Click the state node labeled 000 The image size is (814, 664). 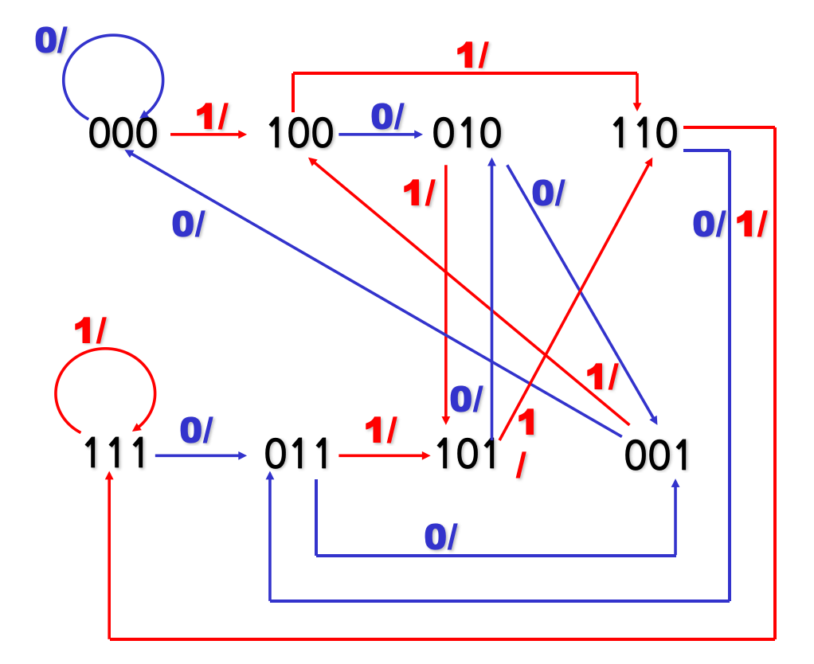(123, 134)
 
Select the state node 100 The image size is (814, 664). (299, 134)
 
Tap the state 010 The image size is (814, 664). (467, 134)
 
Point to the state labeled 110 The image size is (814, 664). (644, 134)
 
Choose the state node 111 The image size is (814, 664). (116, 455)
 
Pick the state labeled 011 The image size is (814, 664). (296, 455)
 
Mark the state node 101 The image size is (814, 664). (466, 455)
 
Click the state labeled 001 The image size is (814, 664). (656, 455)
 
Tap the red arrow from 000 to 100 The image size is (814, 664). (209, 135)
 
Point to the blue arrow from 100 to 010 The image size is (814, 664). (381, 135)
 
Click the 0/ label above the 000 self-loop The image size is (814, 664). (50, 41)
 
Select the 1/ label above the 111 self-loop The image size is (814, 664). (91, 330)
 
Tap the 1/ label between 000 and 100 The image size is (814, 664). (211, 118)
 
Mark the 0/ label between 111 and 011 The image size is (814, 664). (196, 431)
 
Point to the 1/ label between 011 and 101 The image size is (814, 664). (380, 431)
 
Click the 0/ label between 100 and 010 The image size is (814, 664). (388, 117)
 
